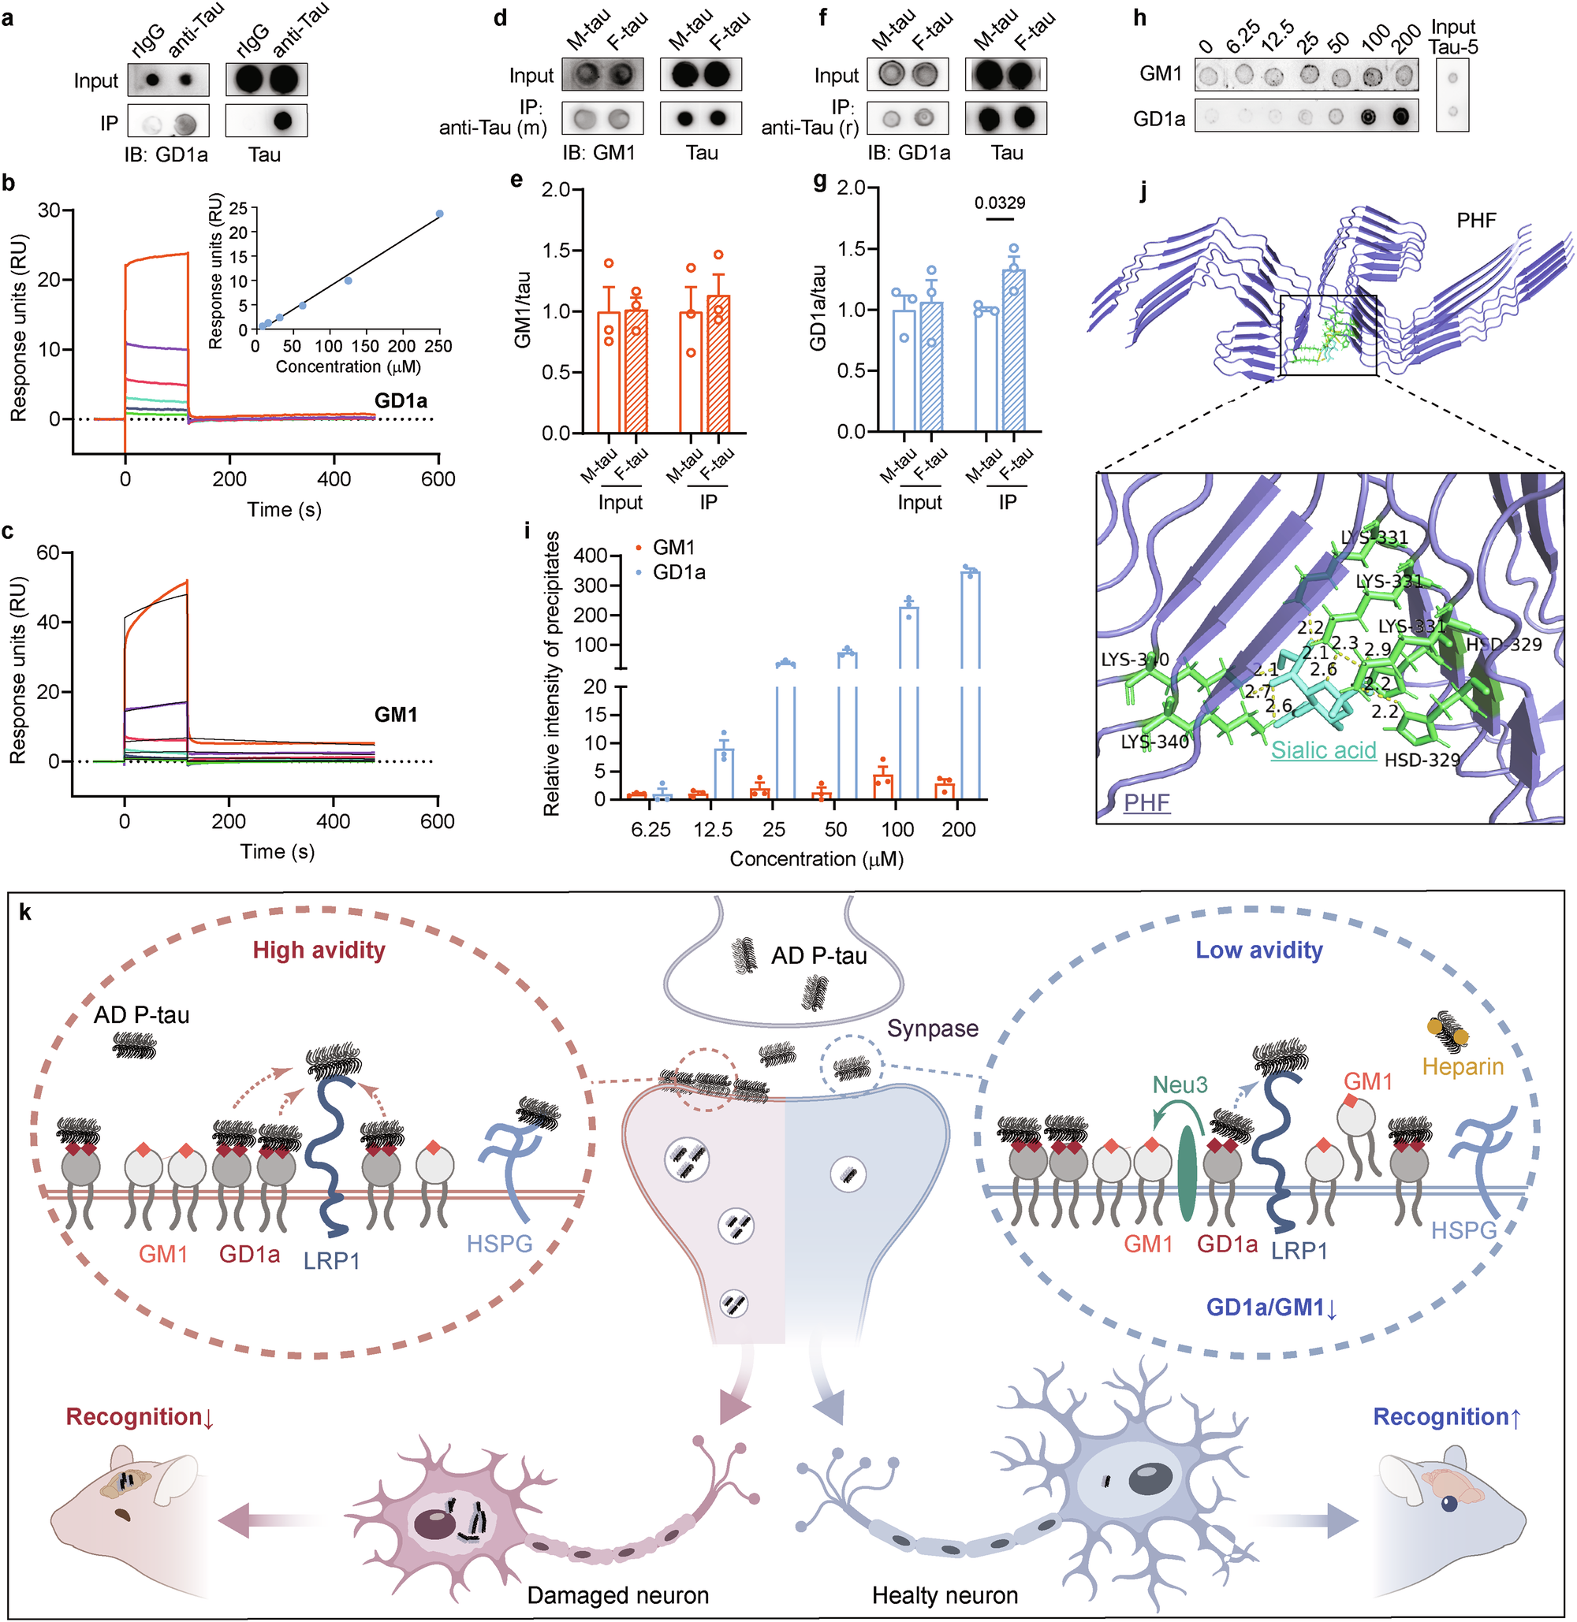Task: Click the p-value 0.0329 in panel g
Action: [1000, 203]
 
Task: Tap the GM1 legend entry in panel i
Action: [673, 547]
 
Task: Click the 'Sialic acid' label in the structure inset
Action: [1324, 750]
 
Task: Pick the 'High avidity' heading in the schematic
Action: [319, 950]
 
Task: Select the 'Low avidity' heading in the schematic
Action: [1258, 950]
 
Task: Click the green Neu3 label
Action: [1180, 1084]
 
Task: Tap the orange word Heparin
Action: [1463, 1066]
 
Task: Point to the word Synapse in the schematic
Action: [933, 1029]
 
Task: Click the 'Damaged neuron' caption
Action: [618, 1595]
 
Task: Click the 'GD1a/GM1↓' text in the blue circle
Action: [1271, 1308]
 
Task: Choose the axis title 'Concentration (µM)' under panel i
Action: [816, 859]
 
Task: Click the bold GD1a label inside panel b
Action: [401, 400]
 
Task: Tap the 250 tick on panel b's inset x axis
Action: [439, 346]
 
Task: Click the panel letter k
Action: [26, 913]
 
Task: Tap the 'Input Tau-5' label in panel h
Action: [1452, 37]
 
